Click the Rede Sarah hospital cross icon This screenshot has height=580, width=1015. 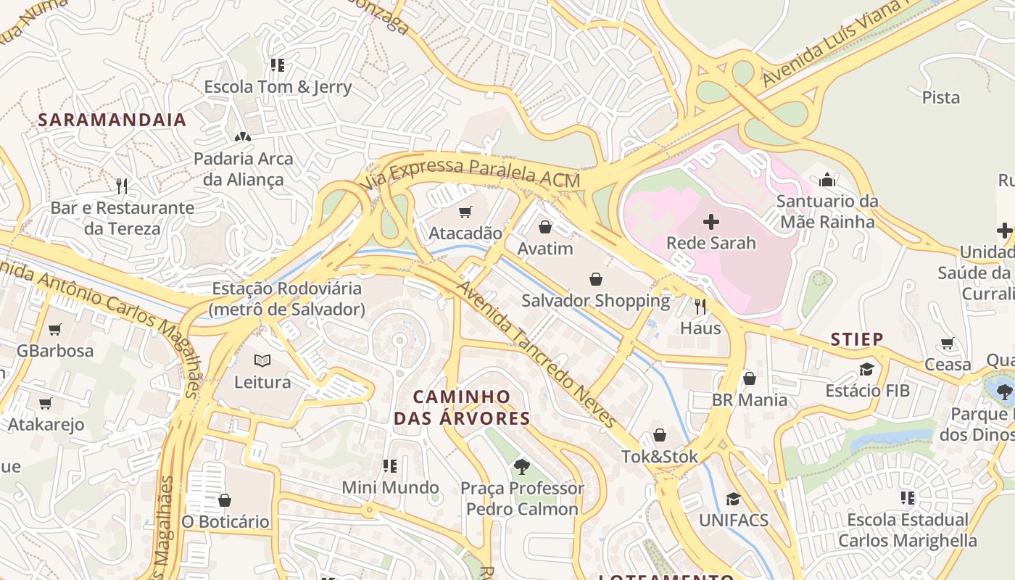tap(710, 222)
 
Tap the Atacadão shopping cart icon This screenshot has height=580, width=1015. tap(465, 212)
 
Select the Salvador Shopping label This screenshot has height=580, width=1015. tap(596, 300)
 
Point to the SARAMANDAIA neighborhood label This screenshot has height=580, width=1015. tap(112, 120)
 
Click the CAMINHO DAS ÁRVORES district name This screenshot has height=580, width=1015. tap(463, 407)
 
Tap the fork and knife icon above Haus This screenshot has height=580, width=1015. tap(700, 307)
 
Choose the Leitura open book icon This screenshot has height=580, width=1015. tap(262, 360)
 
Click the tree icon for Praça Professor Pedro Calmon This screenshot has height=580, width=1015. tap(521, 466)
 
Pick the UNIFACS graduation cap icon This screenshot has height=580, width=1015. tap(734, 499)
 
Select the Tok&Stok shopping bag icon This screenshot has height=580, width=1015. tap(660, 435)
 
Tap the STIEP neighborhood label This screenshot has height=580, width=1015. tap(857, 339)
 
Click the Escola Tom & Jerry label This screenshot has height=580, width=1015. tap(278, 87)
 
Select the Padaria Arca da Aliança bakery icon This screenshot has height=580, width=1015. tap(243, 136)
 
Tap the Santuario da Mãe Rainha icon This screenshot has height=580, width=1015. tap(827, 180)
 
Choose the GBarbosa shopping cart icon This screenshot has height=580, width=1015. tap(55, 330)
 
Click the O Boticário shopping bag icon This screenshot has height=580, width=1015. tap(225, 500)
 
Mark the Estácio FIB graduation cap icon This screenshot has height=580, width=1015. tap(866, 370)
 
